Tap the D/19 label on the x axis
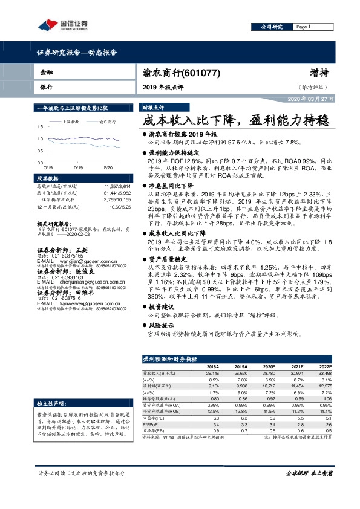77,167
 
